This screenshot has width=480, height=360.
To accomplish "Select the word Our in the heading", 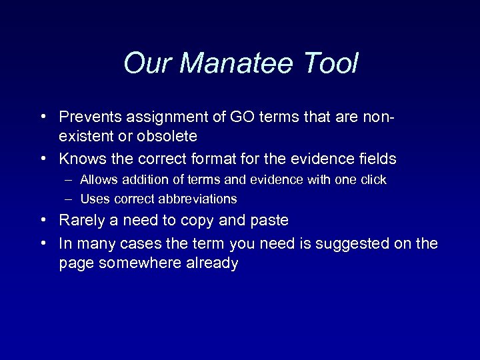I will pos(148,64).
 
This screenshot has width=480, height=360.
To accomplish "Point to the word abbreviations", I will pos(198,199).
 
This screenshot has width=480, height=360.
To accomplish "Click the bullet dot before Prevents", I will pos(42,117).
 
